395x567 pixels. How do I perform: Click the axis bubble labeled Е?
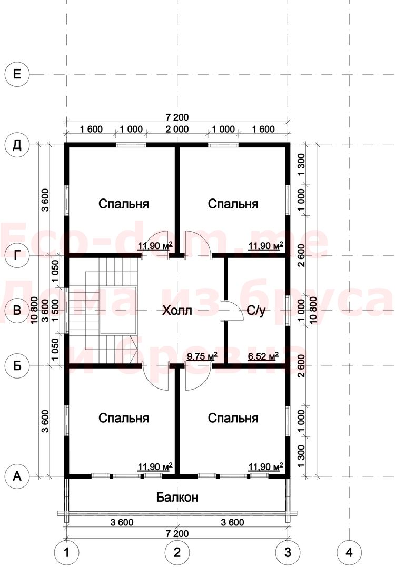tap(17, 74)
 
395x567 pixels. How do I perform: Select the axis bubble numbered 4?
tap(349, 553)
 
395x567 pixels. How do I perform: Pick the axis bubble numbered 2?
tap(177, 553)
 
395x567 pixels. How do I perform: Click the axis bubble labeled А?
tap(17, 476)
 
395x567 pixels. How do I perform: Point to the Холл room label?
tap(177, 311)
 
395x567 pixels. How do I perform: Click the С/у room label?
tap(256, 311)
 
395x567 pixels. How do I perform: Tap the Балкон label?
tap(177, 497)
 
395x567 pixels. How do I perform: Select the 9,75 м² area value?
tap(202, 356)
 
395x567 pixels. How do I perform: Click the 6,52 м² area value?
tap(263, 356)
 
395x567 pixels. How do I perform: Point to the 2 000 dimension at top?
tap(177, 129)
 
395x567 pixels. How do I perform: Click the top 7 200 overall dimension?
tap(177, 117)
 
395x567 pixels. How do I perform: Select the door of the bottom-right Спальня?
tap(199, 377)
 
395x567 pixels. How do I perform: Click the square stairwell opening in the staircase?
tap(118, 310)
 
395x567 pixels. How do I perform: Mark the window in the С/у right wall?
tap(288, 311)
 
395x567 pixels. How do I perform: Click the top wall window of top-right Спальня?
tap(223, 145)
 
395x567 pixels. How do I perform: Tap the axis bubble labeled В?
tap(17, 311)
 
